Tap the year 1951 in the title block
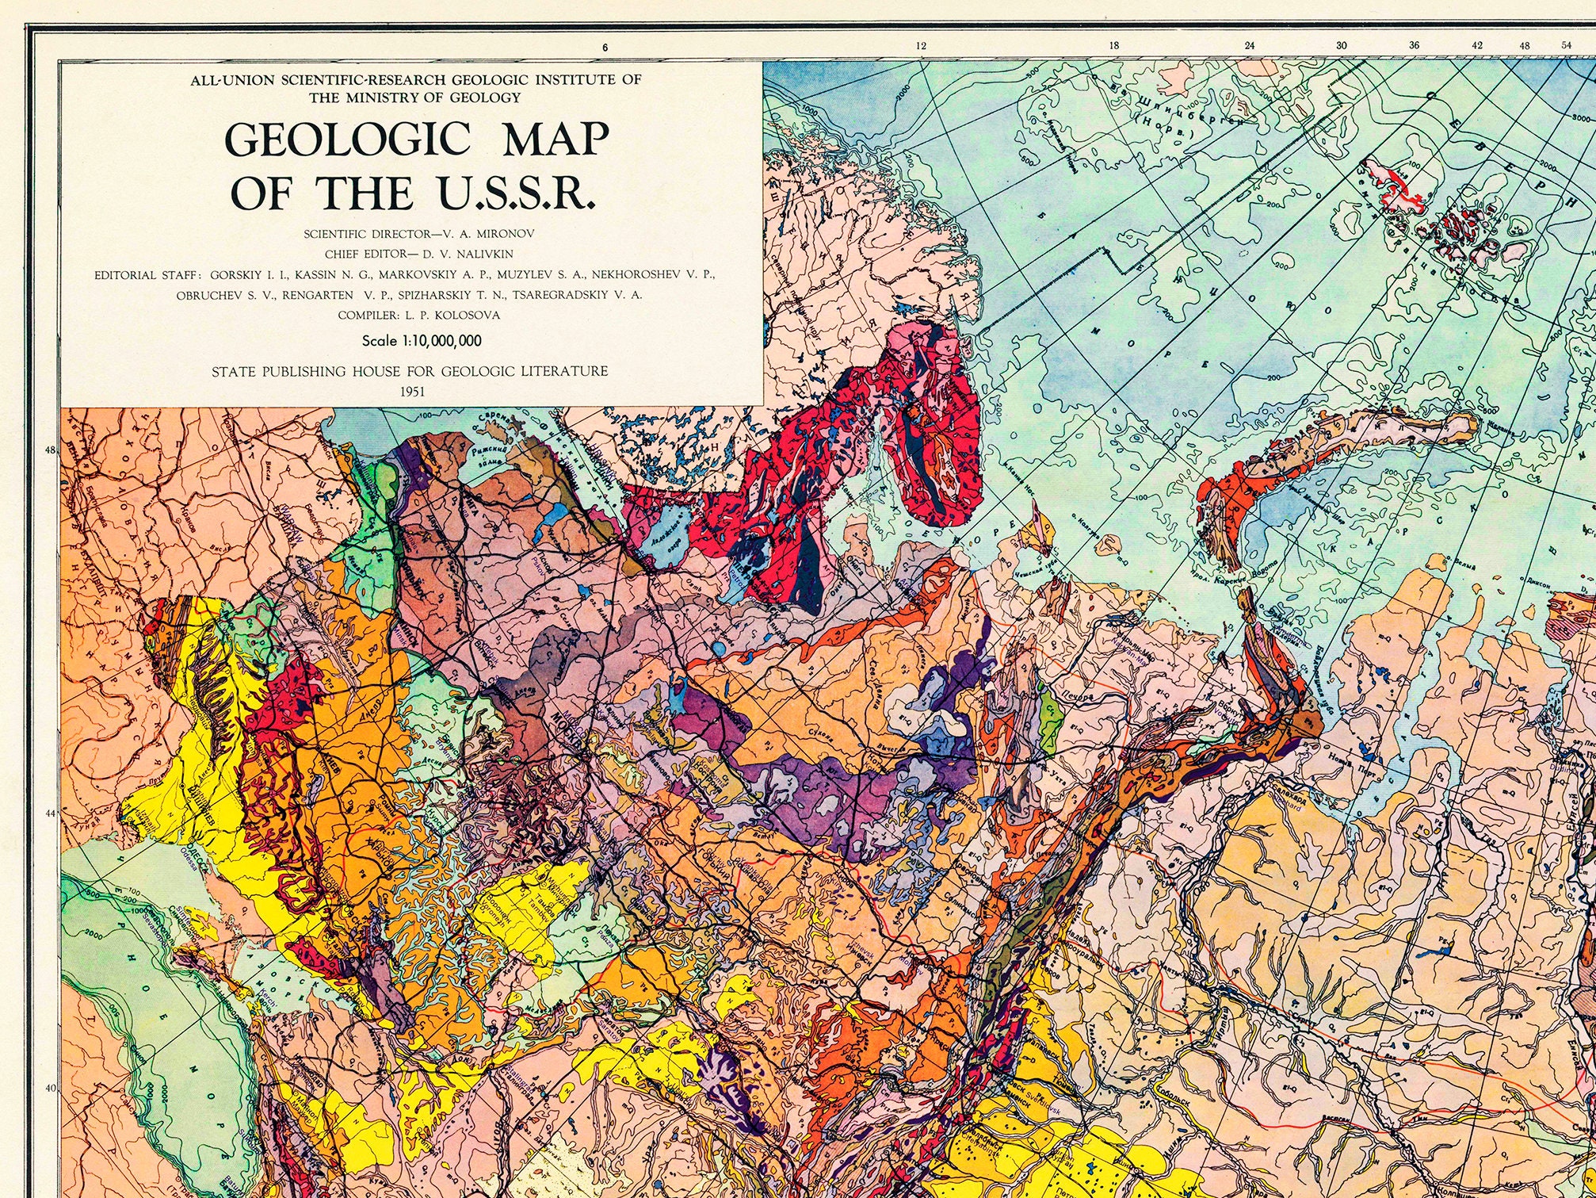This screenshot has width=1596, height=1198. click(x=412, y=392)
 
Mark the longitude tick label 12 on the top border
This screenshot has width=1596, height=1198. click(x=921, y=46)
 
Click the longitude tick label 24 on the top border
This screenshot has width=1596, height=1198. click(x=1250, y=46)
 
